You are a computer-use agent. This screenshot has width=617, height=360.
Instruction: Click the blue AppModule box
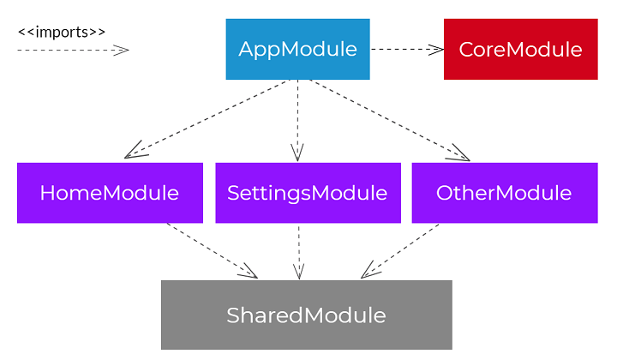[x=297, y=49]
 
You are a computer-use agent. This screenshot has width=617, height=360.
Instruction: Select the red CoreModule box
[x=520, y=49]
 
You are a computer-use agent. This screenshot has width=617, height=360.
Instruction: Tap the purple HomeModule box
[x=110, y=193]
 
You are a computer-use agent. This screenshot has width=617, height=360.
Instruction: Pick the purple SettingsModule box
[x=307, y=193]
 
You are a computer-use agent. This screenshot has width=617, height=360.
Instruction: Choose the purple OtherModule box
[x=503, y=193]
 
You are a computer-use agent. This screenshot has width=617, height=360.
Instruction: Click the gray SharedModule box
[x=306, y=315]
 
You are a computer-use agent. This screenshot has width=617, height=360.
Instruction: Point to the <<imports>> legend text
[x=62, y=32]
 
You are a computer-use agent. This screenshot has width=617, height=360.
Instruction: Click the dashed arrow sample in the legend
[x=69, y=50]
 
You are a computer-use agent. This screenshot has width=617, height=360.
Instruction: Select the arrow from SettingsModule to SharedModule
[x=298, y=250]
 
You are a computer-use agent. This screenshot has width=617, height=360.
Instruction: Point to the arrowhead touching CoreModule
[x=435, y=49]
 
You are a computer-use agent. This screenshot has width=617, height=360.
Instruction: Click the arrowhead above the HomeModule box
[x=134, y=153]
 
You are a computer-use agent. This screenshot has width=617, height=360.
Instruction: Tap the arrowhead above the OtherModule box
[x=461, y=155]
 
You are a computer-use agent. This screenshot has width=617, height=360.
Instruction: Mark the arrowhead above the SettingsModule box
[x=297, y=153]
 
